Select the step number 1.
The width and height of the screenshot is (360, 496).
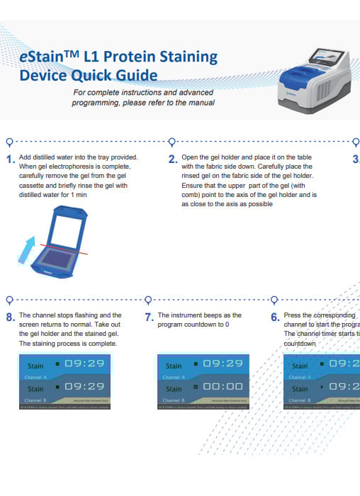(x=10, y=160)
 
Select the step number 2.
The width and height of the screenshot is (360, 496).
(x=172, y=160)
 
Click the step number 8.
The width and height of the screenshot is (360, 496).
(x=10, y=318)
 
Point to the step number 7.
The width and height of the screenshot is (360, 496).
(x=150, y=318)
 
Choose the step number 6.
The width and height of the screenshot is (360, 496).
(x=275, y=318)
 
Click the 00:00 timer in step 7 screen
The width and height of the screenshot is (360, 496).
(x=223, y=388)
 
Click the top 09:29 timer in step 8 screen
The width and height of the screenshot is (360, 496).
(x=84, y=363)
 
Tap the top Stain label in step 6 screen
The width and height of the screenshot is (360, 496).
(x=300, y=366)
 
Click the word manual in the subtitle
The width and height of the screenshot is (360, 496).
(x=201, y=103)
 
